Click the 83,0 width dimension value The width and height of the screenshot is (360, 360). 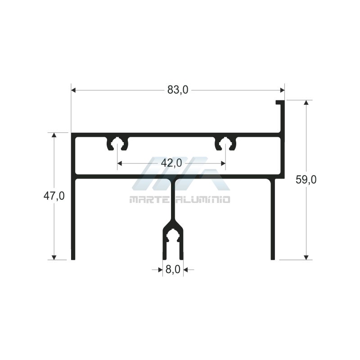point(178,90)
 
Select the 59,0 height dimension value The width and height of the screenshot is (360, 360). point(306,180)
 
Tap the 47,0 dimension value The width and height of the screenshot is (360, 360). point(54,196)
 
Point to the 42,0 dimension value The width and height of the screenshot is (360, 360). point(171,163)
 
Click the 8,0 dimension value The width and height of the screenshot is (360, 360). point(173,269)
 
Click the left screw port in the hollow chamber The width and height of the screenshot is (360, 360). point(117,144)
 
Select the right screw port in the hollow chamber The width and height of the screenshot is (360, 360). point(225,144)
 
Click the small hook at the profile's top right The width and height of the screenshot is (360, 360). point(280,102)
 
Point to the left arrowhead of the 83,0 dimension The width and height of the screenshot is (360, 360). point(73,90)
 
